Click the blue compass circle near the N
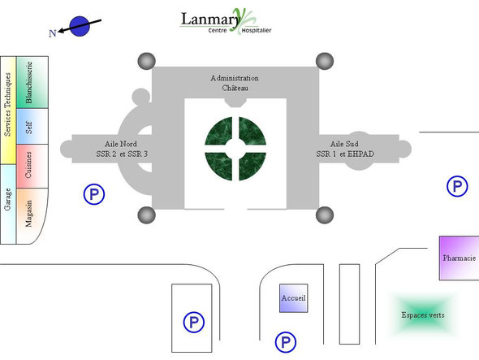(x=80, y=26)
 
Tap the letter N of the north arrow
(x=53, y=33)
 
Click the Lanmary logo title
(x=211, y=20)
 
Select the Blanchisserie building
(x=32, y=82)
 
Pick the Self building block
(x=32, y=126)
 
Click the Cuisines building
(x=32, y=166)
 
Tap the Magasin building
(x=32, y=216)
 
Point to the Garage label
(x=7, y=199)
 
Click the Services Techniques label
(x=7, y=104)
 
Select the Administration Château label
(x=235, y=83)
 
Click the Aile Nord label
(x=121, y=144)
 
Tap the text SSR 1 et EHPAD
(x=345, y=154)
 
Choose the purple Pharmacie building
(x=460, y=258)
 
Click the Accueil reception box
(x=293, y=298)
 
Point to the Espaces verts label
(x=423, y=315)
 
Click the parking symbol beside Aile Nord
(x=94, y=194)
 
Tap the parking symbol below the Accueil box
(x=286, y=342)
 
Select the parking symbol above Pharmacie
(x=457, y=186)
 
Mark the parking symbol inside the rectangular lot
(x=194, y=323)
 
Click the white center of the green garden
(x=235, y=149)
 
